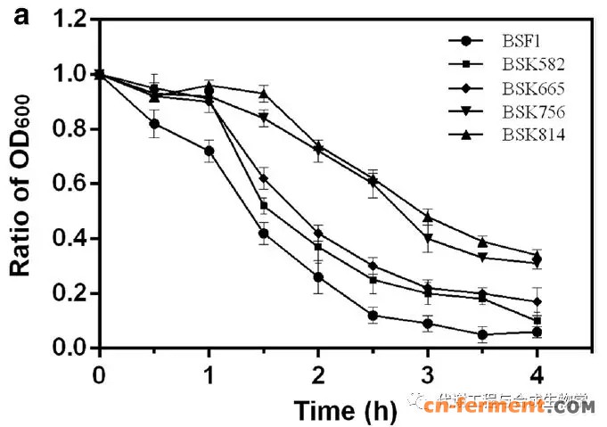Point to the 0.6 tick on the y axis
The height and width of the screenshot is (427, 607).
[74, 184]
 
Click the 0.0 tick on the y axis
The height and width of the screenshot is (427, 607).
[74, 348]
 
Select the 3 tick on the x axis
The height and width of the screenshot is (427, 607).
[428, 371]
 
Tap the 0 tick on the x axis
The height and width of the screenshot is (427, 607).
[99, 371]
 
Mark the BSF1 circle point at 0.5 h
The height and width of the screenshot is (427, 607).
[155, 124]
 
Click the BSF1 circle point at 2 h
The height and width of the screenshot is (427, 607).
[319, 276]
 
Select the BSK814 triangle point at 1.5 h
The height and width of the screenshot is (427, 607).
[264, 94]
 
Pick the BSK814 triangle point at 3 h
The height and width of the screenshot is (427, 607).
[428, 217]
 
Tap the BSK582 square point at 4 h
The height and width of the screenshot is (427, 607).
[537, 320]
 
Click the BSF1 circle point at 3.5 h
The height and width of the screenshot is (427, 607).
[482, 335]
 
